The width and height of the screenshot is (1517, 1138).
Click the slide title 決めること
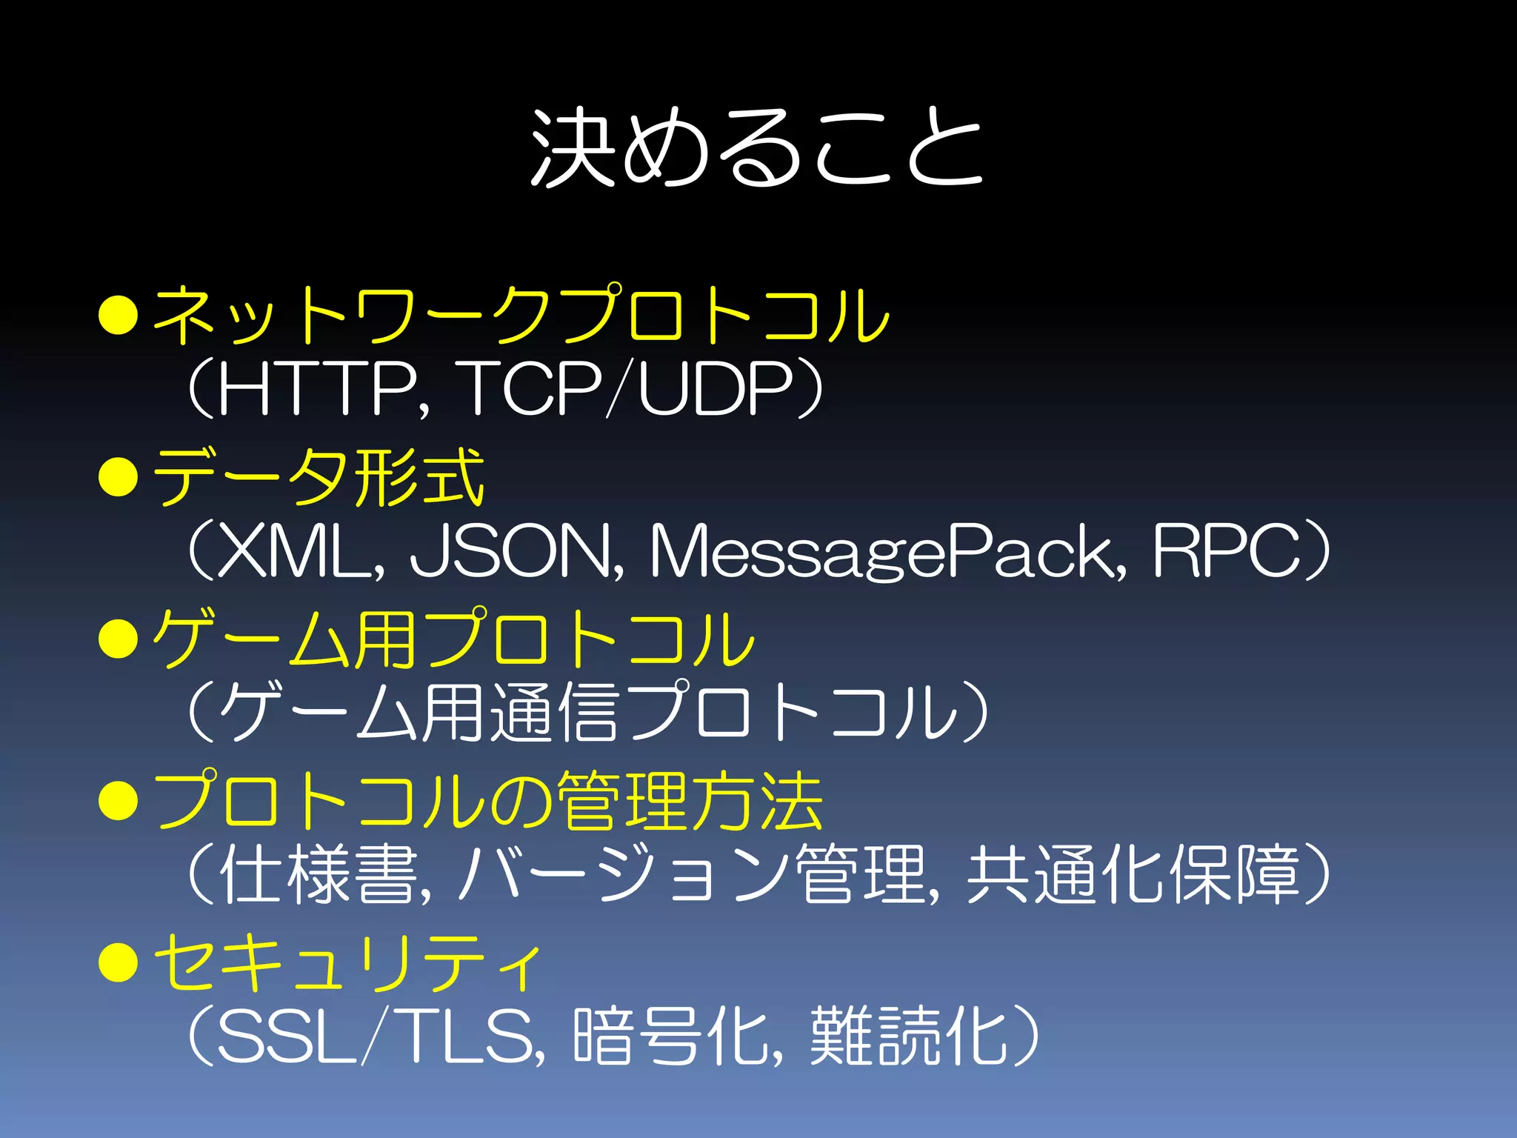pos(757,147)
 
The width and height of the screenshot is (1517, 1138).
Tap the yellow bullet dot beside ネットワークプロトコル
pos(119,315)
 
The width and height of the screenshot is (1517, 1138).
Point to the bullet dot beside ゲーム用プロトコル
pos(119,638)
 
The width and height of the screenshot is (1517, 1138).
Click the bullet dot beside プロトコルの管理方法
pos(119,801)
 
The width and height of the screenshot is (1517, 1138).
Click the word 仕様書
pos(319,874)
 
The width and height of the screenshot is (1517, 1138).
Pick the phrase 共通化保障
pos(1133,874)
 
